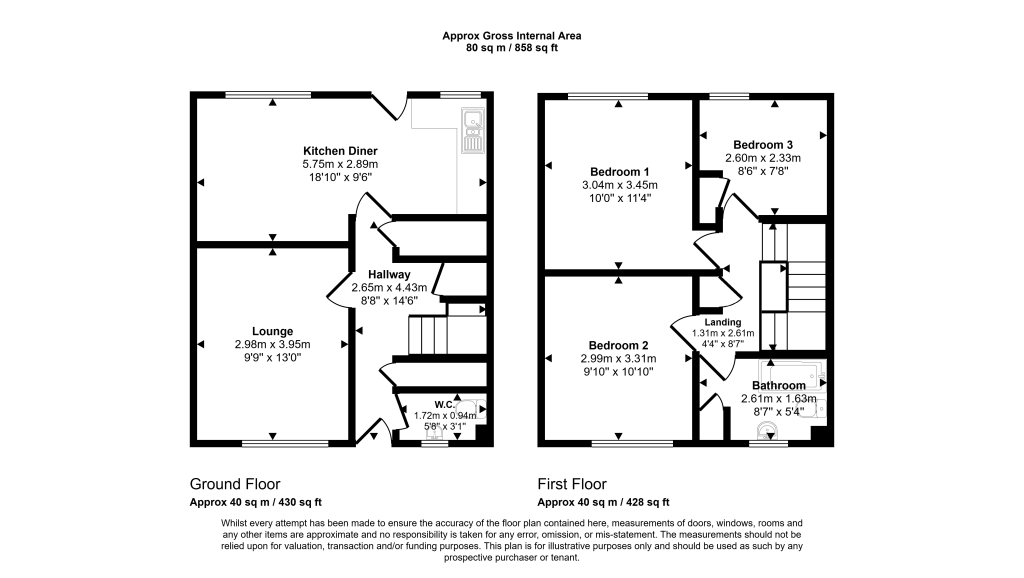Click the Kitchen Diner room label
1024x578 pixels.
coord(340,151)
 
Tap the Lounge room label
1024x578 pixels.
coord(272,331)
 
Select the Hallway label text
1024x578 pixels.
coord(389,274)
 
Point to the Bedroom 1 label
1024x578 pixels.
coord(619,171)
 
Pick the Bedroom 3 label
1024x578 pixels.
coord(762,144)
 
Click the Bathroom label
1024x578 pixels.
coord(778,385)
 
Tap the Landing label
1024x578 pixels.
coord(723,322)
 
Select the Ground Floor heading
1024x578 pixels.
coord(235,484)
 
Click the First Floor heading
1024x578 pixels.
coord(571,484)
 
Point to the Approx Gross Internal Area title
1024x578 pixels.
coord(512,36)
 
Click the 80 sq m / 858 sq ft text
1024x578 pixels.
coord(512,48)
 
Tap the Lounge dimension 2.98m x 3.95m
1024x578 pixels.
coord(272,344)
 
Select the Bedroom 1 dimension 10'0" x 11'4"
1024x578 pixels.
coord(619,197)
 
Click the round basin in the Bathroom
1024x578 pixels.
coord(767,431)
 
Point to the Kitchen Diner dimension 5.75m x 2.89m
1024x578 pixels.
coord(340,164)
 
